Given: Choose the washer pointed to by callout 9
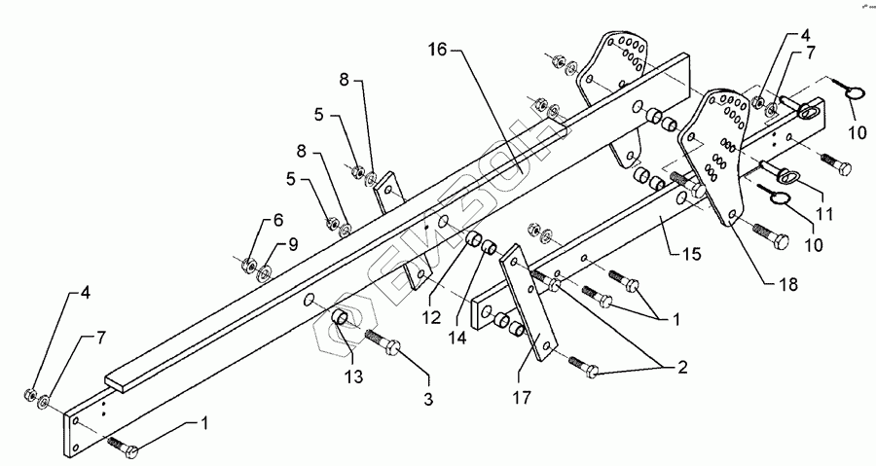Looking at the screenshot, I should [264, 269].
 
